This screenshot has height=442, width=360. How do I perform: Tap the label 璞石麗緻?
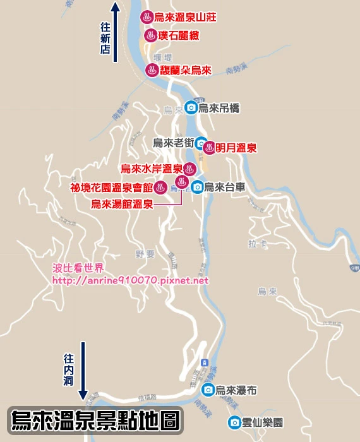pos(178,35)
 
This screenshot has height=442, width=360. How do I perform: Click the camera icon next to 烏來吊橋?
pos(190,108)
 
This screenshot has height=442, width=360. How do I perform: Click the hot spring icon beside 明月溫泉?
pos(210,147)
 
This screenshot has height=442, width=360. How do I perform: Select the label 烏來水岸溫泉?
pos(151,169)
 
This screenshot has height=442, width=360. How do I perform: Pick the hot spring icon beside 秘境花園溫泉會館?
pos(161,187)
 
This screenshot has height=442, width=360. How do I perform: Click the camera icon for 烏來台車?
pos(197,187)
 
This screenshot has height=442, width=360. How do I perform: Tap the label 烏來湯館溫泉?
pos(122,204)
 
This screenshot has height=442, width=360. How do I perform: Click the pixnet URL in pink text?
pos(130,280)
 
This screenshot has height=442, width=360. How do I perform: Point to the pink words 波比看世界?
pos(77,268)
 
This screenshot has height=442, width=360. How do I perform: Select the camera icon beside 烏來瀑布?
pos(208,390)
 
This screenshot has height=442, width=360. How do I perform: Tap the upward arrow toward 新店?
pos(116,32)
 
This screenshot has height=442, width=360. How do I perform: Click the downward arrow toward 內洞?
pos(83,369)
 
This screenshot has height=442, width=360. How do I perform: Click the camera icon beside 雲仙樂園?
pos(235,422)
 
